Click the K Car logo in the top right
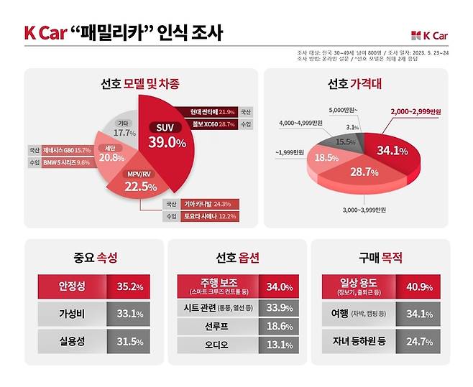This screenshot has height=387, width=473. (x=431, y=35)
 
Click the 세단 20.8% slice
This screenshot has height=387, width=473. (x=109, y=156)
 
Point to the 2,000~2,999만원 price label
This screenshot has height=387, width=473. (x=421, y=112)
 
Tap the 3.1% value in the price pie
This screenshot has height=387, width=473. (x=352, y=127)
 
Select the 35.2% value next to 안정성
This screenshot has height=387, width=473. (x=129, y=286)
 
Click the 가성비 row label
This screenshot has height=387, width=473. (x=72, y=313)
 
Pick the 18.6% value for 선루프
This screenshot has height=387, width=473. (x=279, y=325)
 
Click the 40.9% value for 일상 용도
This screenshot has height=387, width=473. (x=418, y=286)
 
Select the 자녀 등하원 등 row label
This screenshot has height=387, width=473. (x=357, y=341)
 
